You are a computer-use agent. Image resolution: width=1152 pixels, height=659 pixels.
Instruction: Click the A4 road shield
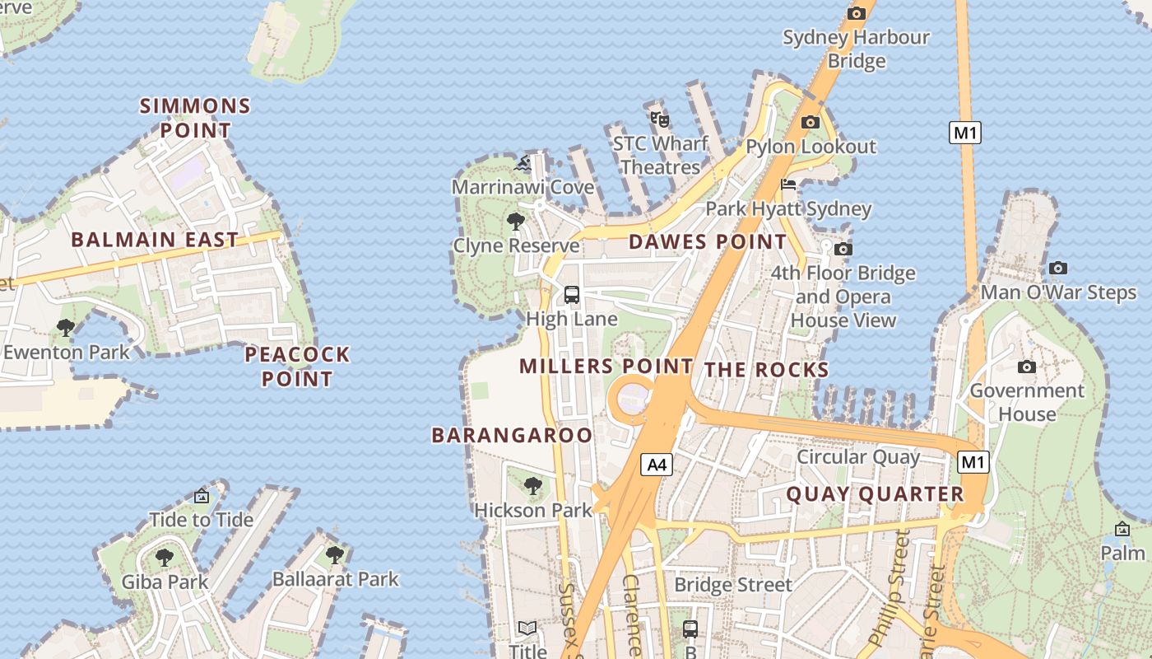(656, 465)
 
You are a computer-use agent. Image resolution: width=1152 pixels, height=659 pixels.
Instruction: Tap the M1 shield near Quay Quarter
(973, 462)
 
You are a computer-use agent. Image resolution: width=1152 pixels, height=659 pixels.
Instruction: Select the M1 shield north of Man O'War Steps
(965, 132)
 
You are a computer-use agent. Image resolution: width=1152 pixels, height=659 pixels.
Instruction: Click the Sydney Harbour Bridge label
(856, 49)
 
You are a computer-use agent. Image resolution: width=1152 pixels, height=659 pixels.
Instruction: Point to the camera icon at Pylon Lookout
(811, 122)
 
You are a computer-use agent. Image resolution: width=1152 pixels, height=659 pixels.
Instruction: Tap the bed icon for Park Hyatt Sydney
(788, 185)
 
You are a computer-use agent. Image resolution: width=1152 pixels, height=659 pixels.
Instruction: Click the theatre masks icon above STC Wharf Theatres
(659, 119)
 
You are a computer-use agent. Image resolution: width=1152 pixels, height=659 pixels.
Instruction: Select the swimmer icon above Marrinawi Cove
(523, 163)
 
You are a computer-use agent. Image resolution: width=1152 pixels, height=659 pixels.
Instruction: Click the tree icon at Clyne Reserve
(516, 221)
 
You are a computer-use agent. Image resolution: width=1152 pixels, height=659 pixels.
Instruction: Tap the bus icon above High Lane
(572, 294)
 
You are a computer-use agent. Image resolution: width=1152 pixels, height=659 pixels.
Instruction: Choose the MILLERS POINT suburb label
(606, 367)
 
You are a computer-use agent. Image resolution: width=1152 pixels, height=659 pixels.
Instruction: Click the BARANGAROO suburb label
(512, 435)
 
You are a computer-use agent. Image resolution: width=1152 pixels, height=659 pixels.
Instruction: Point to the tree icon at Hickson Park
(533, 485)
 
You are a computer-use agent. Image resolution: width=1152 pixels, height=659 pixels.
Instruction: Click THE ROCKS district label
(766, 370)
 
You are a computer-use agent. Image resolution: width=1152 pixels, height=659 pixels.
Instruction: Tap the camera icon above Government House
(1026, 367)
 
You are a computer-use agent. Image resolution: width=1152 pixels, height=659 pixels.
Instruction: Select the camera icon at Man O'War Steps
(1058, 268)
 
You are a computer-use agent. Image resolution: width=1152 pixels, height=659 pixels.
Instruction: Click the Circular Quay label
(858, 456)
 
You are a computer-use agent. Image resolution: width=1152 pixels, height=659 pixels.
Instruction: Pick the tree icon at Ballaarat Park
(334, 554)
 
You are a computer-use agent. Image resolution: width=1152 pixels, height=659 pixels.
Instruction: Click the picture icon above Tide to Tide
(202, 496)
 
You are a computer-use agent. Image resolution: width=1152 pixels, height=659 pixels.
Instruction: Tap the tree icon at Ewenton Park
(66, 328)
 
